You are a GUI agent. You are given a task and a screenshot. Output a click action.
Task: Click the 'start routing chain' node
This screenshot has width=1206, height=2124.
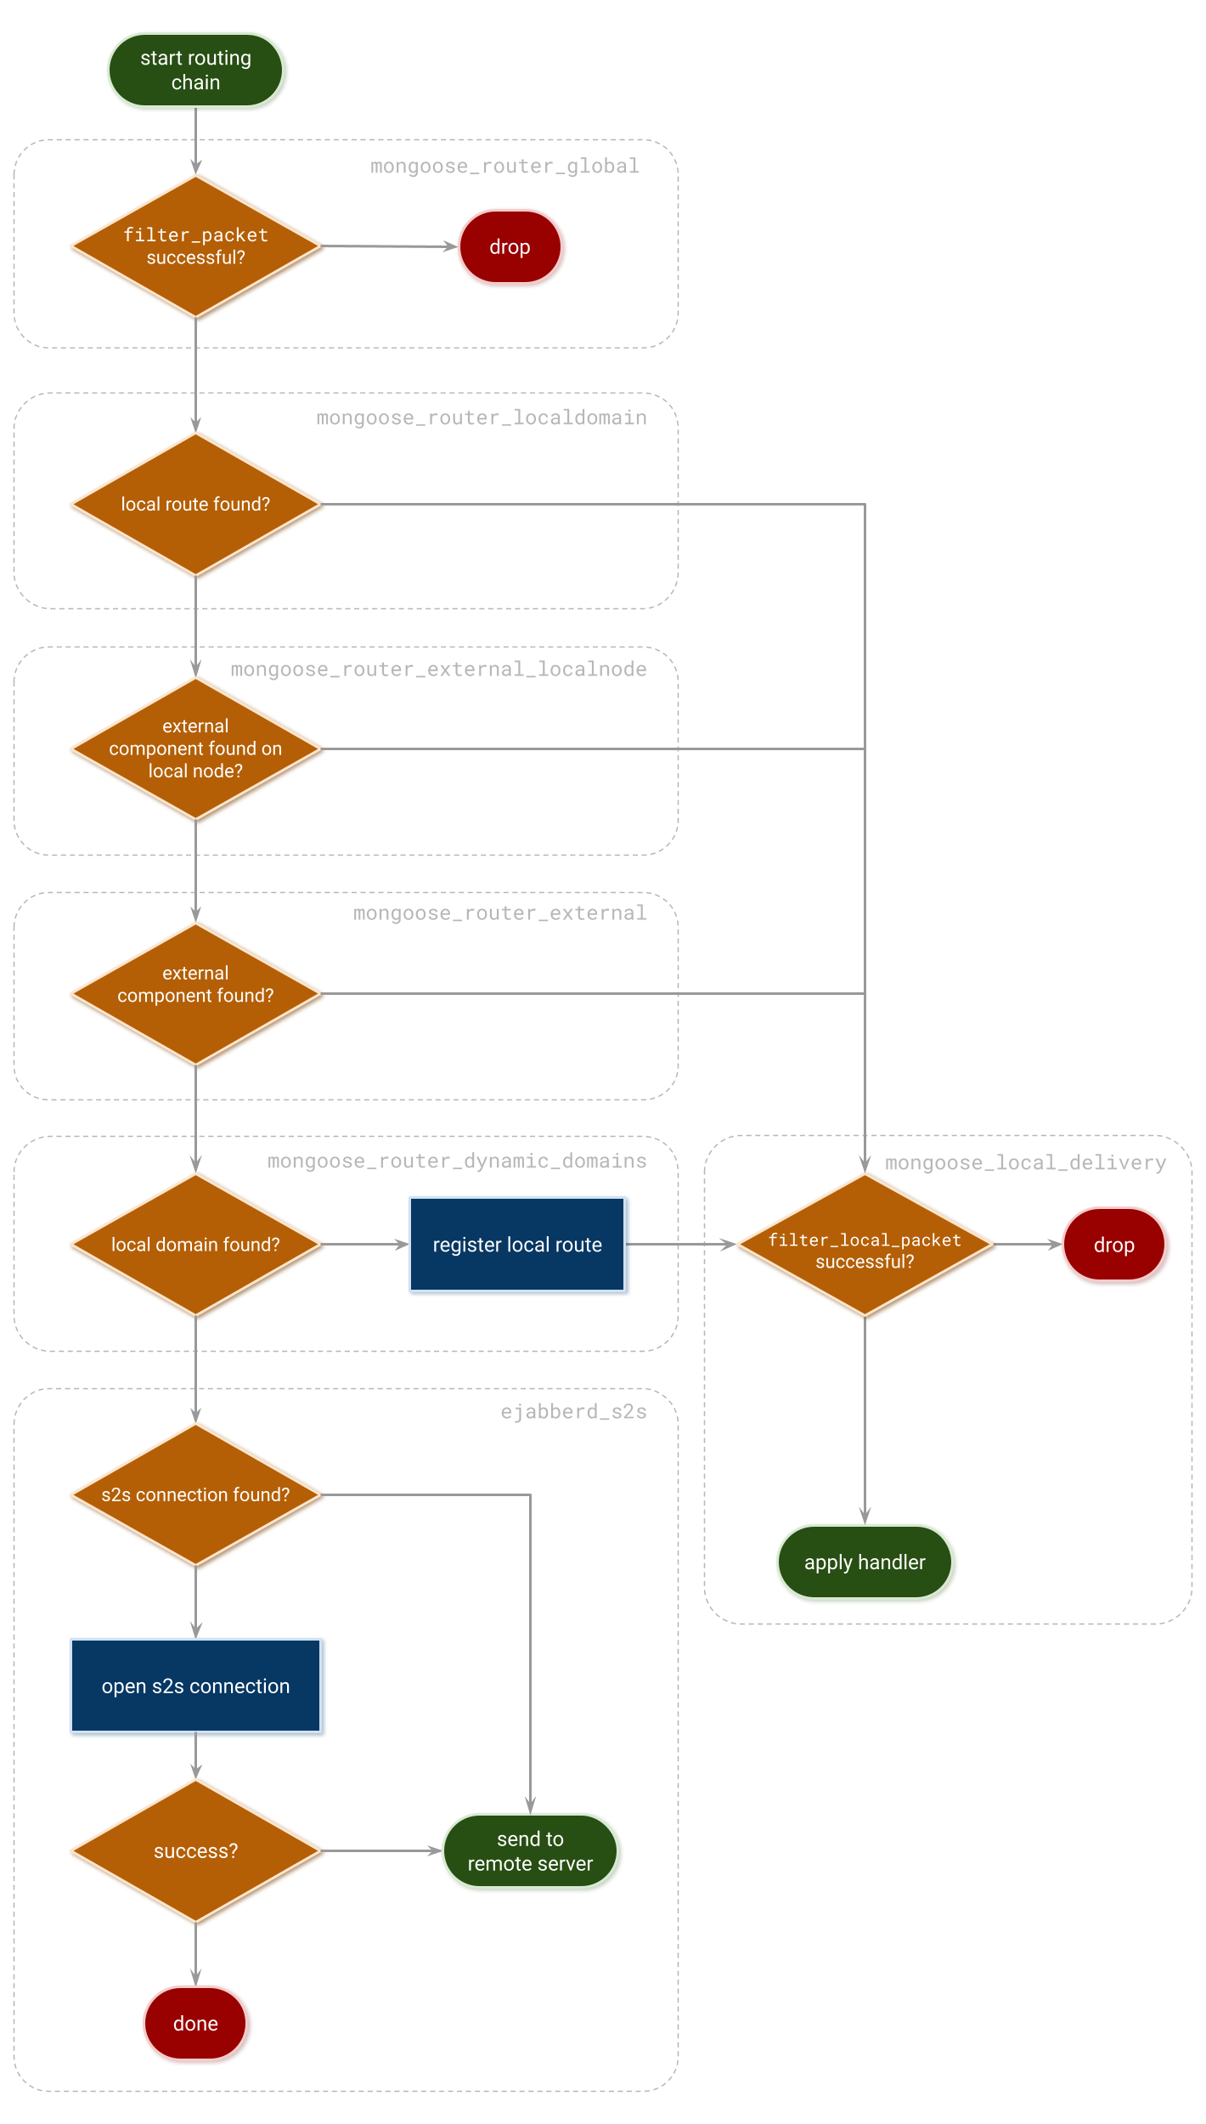click(195, 71)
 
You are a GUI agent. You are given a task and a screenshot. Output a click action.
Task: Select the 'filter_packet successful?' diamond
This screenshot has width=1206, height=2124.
click(195, 246)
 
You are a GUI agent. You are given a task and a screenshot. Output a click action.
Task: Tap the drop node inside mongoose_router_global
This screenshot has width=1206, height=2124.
click(510, 247)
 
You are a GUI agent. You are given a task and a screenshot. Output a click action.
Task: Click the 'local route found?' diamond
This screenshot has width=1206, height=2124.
click(195, 504)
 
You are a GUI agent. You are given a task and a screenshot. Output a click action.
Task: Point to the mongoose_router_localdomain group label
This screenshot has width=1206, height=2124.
click(481, 418)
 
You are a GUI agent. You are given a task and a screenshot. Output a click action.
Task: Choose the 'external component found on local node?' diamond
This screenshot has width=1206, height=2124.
click(195, 748)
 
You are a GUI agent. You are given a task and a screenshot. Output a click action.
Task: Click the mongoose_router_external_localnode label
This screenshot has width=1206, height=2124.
click(438, 669)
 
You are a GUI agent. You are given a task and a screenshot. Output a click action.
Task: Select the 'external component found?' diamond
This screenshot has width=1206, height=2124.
click(195, 993)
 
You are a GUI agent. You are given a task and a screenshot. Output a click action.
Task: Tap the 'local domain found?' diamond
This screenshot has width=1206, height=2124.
click(195, 1245)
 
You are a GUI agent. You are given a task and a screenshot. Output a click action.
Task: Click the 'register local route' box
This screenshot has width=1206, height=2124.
click(517, 1245)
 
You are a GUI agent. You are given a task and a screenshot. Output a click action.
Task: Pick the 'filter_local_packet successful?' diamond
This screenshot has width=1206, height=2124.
click(865, 1245)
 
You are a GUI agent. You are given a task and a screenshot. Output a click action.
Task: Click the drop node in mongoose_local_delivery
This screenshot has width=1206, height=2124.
click(1113, 1246)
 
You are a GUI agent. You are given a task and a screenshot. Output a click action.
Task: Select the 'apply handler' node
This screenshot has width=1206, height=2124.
click(865, 1562)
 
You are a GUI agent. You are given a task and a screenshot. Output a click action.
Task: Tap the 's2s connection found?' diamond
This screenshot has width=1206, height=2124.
click(195, 1494)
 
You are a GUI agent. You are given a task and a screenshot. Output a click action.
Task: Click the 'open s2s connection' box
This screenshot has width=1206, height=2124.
click(195, 1686)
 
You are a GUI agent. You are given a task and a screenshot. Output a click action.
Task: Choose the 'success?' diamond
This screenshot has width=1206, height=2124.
click(195, 1851)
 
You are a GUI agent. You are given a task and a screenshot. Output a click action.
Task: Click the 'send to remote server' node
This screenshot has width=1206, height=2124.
click(530, 1851)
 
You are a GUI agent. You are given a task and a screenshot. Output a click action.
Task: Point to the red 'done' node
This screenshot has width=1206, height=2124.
click(195, 2024)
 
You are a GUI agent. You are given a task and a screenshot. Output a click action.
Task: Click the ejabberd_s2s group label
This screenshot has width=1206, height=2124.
click(573, 1412)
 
